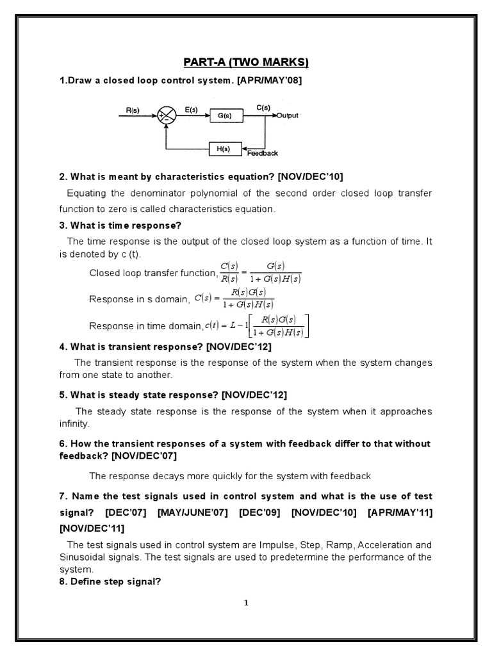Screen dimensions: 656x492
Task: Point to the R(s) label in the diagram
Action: coord(133,110)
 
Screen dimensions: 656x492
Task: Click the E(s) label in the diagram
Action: coord(190,110)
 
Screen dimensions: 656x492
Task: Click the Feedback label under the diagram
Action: coord(263,154)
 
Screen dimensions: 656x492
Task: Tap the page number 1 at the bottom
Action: coord(246,602)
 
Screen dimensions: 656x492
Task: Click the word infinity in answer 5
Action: coord(75,423)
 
